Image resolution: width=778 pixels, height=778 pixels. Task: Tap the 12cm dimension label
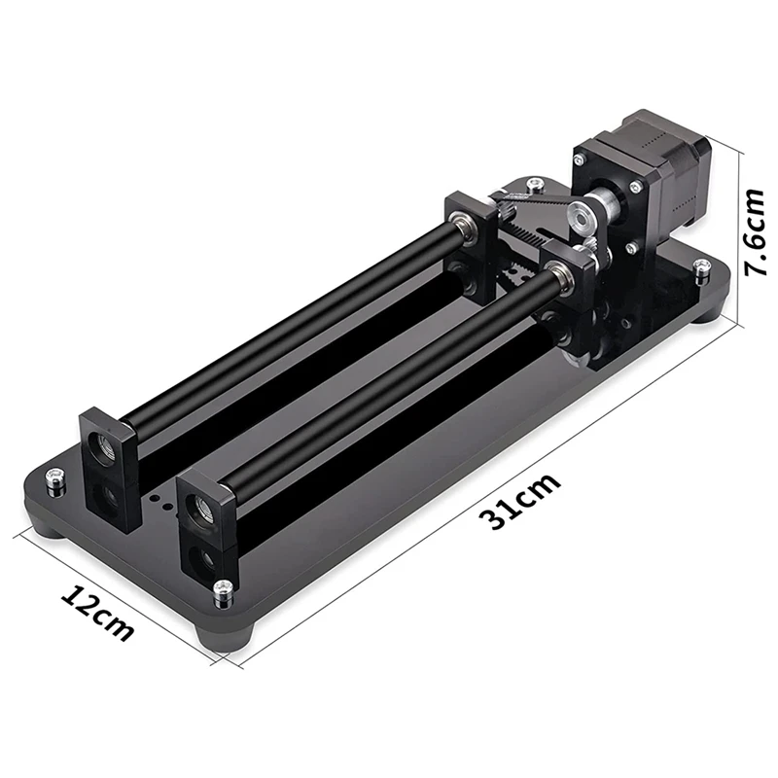(98, 615)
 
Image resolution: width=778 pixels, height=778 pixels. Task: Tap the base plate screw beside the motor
(701, 270)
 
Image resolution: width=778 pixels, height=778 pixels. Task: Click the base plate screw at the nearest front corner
(223, 593)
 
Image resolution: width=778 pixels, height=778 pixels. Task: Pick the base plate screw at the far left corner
(55, 481)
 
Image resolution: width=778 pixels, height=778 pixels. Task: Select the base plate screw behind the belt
(534, 186)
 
